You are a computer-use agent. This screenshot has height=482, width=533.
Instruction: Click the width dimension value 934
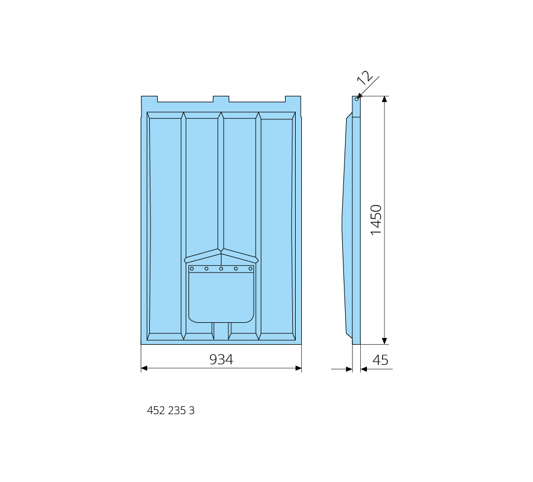coord(221,359)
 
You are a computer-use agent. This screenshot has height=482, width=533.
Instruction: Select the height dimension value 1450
coord(376,220)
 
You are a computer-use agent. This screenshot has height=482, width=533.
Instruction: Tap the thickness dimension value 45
coord(380,360)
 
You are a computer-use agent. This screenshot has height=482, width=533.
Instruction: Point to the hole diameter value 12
coord(364,78)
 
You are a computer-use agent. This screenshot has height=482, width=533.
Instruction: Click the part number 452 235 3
coord(171,411)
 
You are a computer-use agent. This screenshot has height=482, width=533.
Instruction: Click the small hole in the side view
coord(357,99)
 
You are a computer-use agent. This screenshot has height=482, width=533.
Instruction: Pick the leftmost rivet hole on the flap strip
coord(192,268)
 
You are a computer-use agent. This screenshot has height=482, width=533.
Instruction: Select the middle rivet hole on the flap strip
coord(221,268)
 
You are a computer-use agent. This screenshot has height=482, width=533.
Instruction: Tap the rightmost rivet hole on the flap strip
coord(251,268)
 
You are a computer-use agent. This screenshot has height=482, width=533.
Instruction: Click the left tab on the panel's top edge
coord(149,99)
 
